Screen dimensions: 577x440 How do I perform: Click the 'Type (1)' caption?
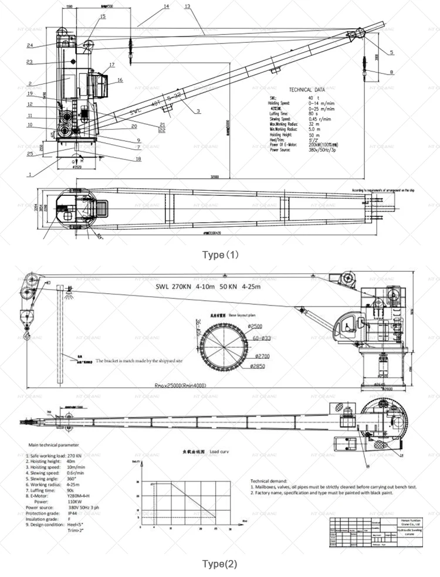point(221,254)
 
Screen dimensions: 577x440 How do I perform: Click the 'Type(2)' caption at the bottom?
point(220,564)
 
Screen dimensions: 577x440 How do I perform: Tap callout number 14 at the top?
point(166,6)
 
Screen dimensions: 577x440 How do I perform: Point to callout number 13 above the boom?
point(187,6)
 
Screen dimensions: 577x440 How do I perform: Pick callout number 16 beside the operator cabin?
point(120,80)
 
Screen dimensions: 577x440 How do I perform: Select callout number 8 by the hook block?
point(391,72)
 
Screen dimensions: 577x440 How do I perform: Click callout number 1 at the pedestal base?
point(29,174)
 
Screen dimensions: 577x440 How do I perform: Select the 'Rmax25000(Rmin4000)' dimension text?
point(180,385)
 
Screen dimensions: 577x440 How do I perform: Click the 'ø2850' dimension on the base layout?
point(259,366)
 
